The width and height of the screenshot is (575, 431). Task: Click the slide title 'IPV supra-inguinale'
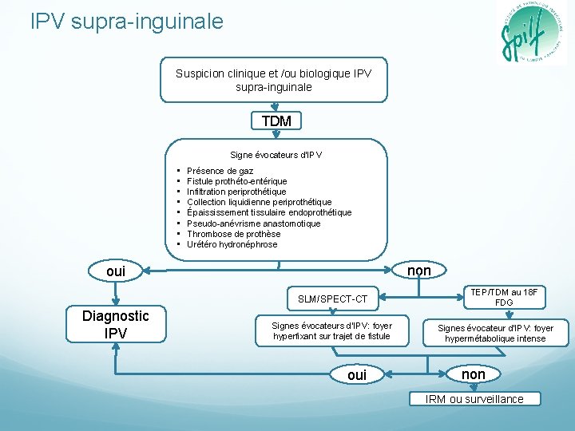tap(127, 22)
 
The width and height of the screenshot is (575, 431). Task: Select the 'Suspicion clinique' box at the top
tap(273, 80)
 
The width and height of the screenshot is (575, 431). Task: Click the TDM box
tap(276, 121)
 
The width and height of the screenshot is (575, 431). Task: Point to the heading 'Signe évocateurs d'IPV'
tap(276, 154)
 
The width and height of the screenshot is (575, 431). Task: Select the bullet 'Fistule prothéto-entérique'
tap(236, 181)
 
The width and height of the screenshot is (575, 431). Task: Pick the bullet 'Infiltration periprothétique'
tap(236, 192)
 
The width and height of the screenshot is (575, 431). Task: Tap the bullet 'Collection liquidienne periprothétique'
tap(259, 202)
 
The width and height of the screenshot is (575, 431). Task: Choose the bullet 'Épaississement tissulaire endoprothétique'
tap(268, 212)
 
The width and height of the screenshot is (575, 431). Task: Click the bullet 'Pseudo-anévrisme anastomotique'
tap(253, 223)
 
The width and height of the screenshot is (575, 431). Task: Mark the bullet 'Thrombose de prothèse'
tap(233, 234)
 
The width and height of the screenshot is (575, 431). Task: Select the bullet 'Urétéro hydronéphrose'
tap(232, 244)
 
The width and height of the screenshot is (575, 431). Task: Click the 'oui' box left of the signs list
tap(116, 271)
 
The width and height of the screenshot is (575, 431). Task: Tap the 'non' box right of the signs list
tap(419, 271)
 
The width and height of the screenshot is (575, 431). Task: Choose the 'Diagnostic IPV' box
tap(116, 324)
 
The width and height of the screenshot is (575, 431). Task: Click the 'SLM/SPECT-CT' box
tap(332, 299)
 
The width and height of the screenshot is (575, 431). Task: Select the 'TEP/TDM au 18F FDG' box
tap(504, 297)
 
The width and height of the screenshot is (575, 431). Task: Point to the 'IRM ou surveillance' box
tap(474, 399)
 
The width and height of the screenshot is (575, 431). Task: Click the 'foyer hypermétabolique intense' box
tap(495, 334)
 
